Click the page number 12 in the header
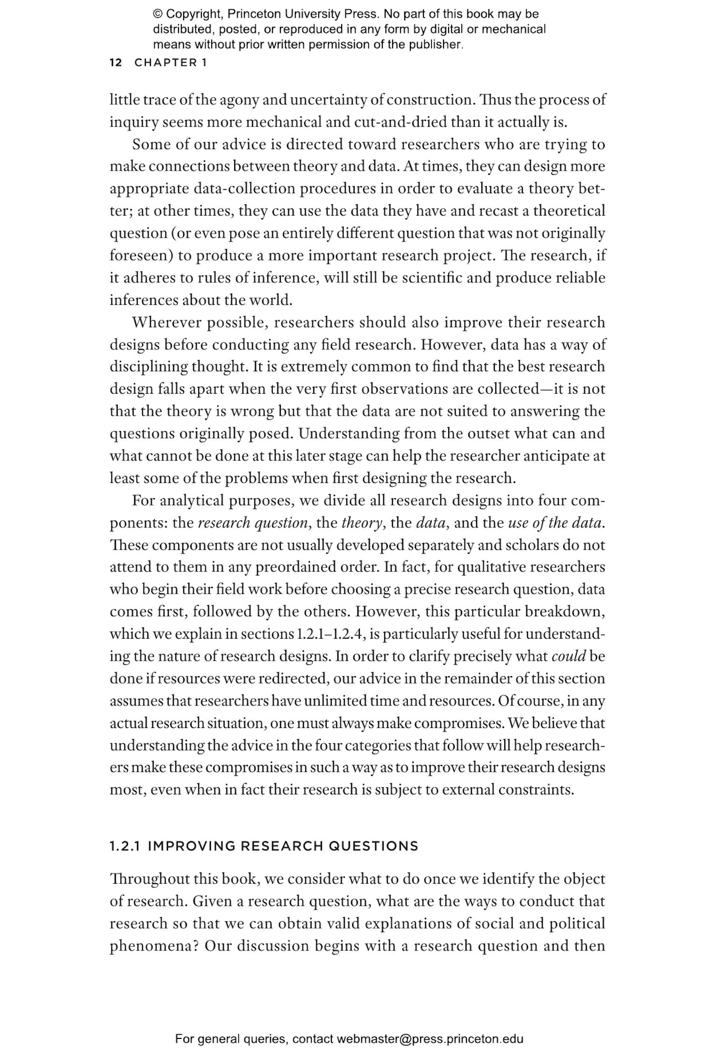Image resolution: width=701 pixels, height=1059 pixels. (x=115, y=63)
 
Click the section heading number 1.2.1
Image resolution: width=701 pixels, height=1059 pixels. (x=125, y=846)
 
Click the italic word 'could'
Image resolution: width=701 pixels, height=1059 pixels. (x=568, y=656)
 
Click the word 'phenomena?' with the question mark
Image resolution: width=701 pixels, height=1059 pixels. (x=155, y=946)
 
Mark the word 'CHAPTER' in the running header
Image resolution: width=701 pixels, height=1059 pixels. (x=166, y=63)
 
